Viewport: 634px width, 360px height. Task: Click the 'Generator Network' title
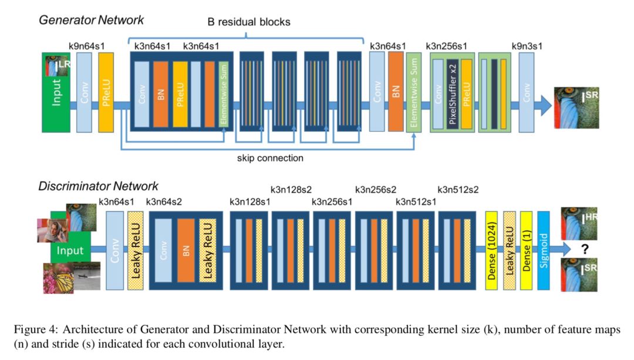(x=91, y=20)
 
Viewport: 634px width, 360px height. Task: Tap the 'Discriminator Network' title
(x=98, y=187)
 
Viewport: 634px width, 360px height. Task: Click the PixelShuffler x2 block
(x=452, y=93)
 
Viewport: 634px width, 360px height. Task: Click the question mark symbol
(x=585, y=250)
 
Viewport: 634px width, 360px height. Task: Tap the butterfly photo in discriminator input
(x=58, y=277)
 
